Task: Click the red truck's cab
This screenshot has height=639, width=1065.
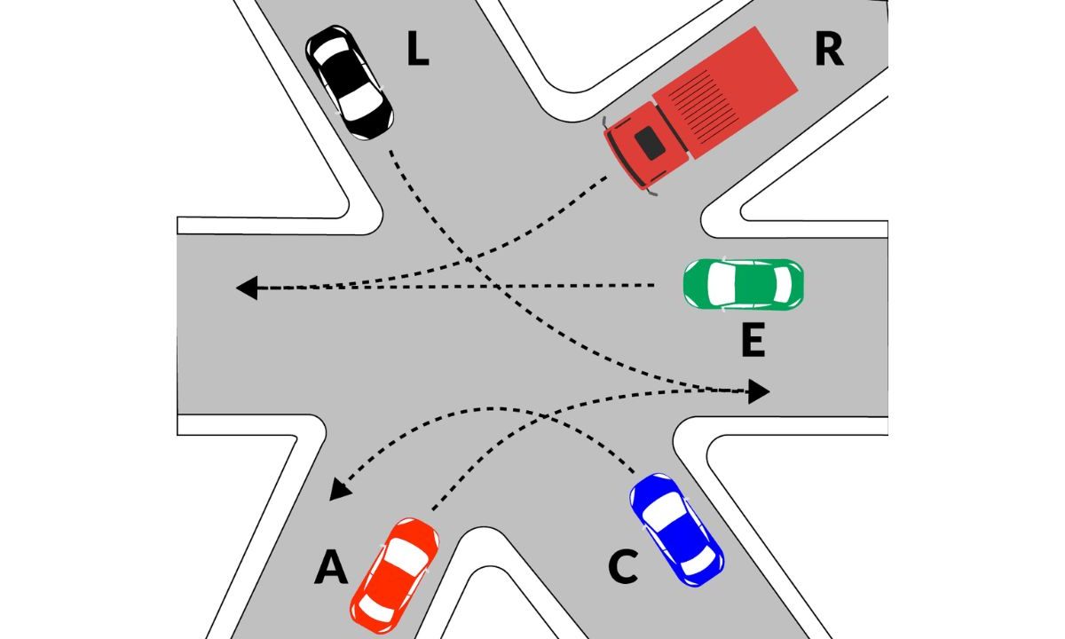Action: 646,146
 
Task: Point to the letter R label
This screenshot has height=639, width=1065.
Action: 828,51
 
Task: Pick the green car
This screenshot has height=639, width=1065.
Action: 744,283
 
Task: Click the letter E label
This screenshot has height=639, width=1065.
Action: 753,342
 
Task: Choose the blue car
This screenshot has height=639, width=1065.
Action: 676,529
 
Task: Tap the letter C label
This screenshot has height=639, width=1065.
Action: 624,568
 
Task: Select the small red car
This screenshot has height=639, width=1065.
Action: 395,572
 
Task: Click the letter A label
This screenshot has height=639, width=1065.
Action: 331,568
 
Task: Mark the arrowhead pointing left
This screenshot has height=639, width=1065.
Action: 247,288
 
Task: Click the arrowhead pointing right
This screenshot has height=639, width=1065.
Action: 759,390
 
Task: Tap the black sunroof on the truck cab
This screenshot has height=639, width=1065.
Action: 652,143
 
